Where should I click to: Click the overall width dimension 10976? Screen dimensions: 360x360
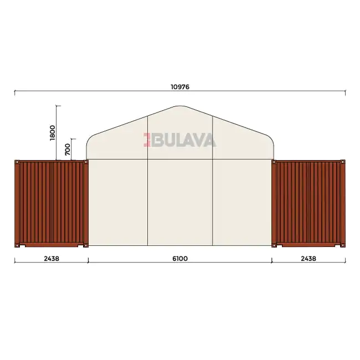[180, 87]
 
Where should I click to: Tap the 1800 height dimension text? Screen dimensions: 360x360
[53, 133]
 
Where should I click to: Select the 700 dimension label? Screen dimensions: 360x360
[68, 149]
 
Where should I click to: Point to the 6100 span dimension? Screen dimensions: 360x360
[180, 259]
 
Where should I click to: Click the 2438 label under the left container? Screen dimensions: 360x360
[52, 259]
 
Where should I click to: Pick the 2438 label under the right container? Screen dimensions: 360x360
[308, 259]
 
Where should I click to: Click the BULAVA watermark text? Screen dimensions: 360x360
[183, 140]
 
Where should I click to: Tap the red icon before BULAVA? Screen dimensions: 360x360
[147, 140]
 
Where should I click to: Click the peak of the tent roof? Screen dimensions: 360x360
[180, 106]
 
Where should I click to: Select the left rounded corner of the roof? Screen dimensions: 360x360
[90, 139]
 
